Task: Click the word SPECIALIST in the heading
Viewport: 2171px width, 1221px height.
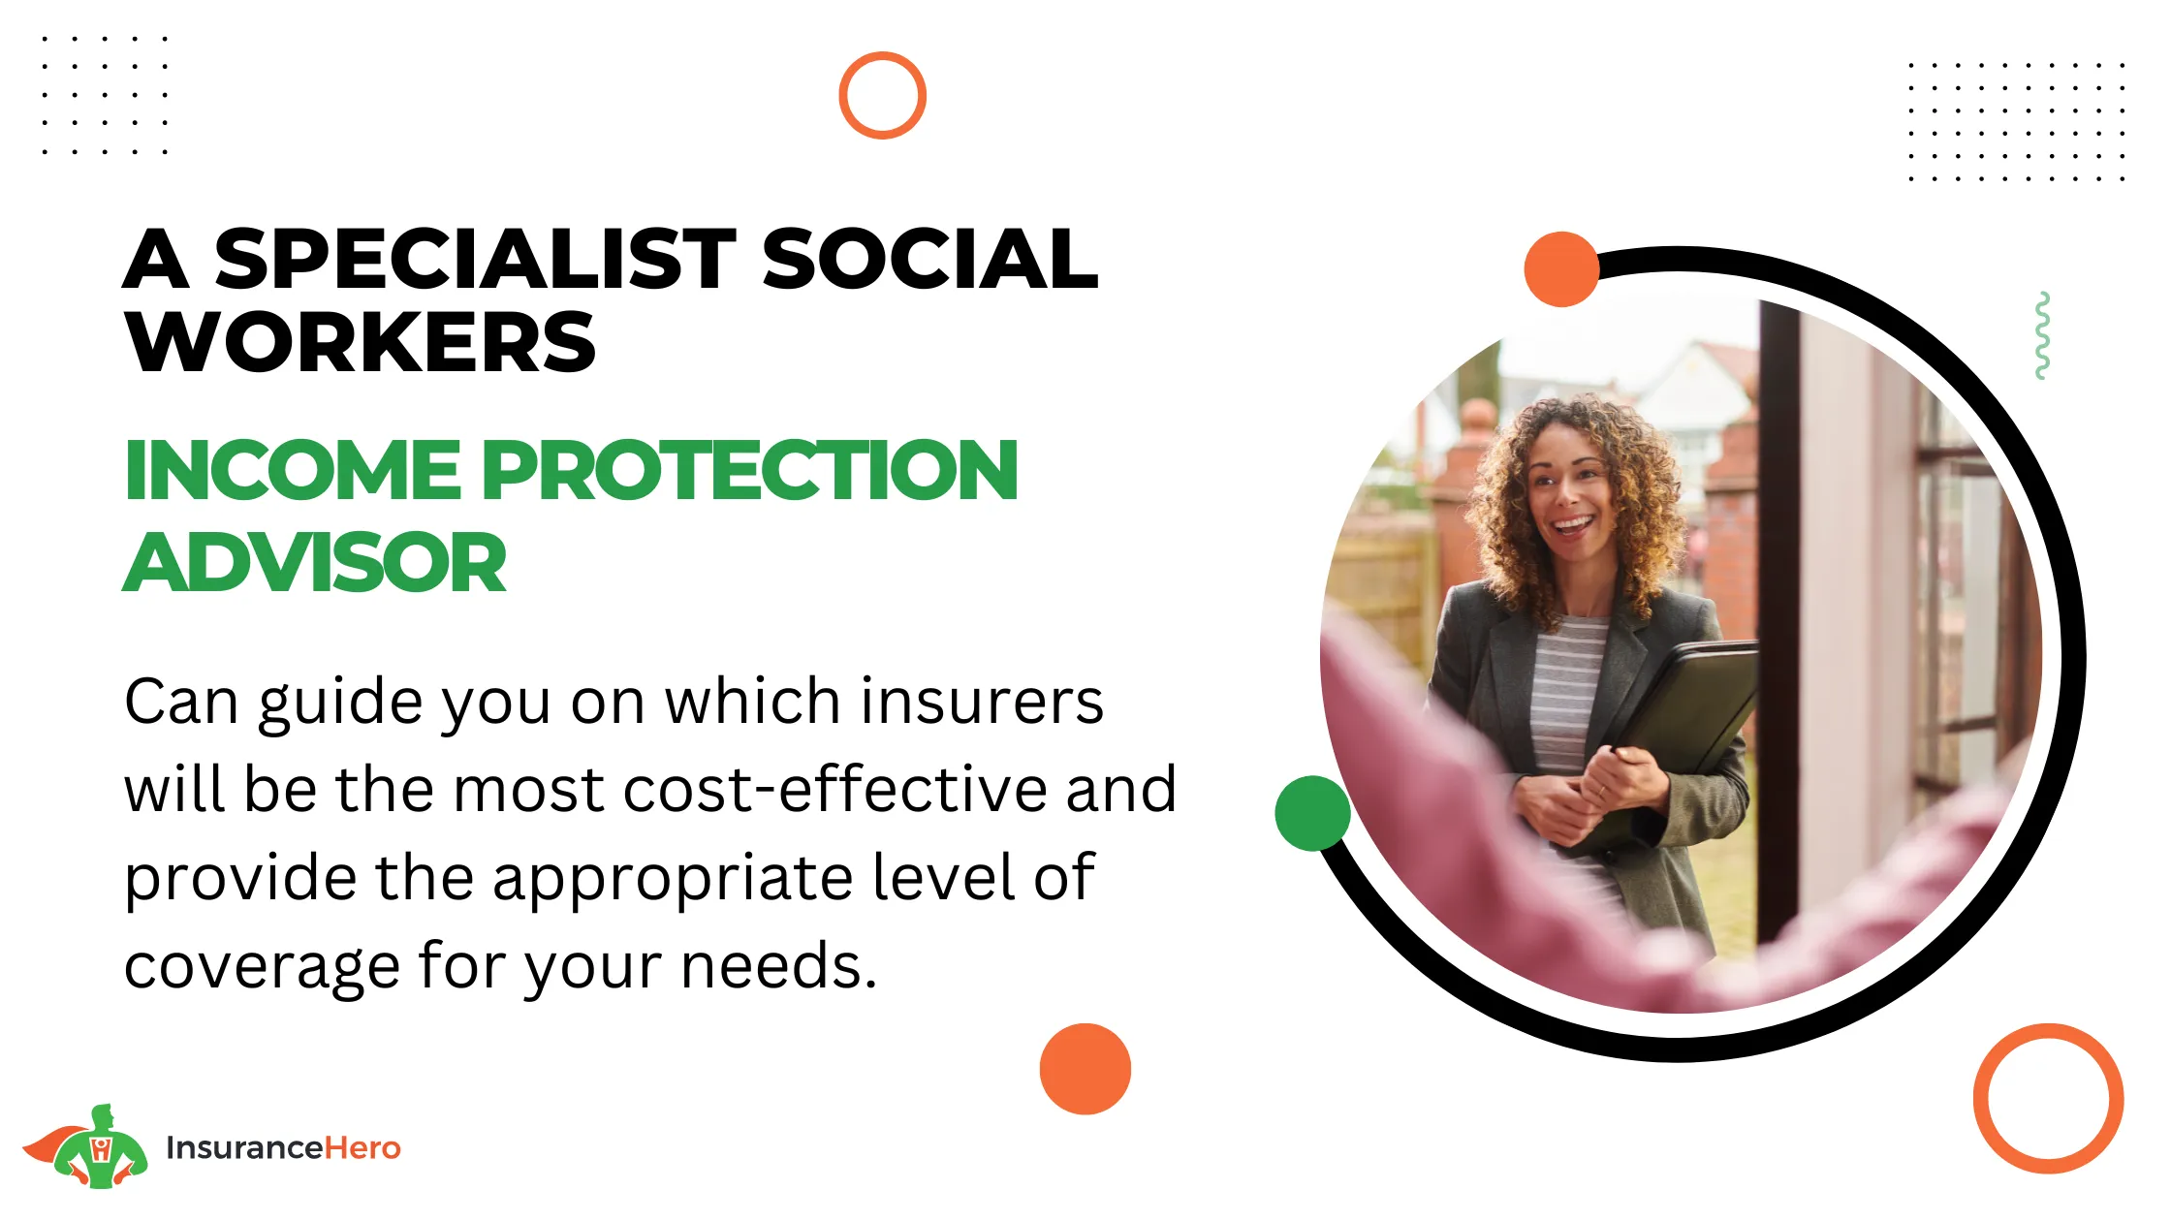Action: pyautogui.click(x=475, y=259)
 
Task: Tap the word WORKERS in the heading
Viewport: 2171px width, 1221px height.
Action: pyautogui.click(x=361, y=343)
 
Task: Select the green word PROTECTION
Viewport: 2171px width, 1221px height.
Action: pyautogui.click(x=749, y=470)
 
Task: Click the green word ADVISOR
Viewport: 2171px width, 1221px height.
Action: pyautogui.click(x=315, y=562)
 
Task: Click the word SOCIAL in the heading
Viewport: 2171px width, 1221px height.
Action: pyautogui.click(x=930, y=259)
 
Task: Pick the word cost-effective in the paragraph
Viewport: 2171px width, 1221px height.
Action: pyautogui.click(x=834, y=789)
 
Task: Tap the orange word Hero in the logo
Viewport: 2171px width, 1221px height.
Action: pyautogui.click(x=362, y=1147)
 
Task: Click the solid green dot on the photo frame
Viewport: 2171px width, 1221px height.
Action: pyautogui.click(x=1312, y=813)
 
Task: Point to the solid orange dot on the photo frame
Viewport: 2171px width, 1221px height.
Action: pyautogui.click(x=1561, y=269)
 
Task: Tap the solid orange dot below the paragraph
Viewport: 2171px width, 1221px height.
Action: pyautogui.click(x=1085, y=1069)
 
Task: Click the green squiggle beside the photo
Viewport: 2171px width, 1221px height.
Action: pyautogui.click(x=2042, y=335)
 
